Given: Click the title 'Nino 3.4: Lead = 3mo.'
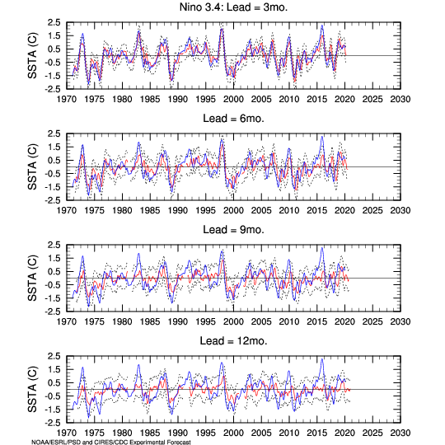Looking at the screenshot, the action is click(x=233, y=7).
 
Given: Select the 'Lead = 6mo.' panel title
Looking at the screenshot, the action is click(x=233, y=119).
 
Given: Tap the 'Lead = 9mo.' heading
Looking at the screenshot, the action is click(x=233, y=230).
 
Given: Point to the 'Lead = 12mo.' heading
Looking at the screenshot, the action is click(x=233, y=341).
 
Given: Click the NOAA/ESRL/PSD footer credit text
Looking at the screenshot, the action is click(x=111, y=442).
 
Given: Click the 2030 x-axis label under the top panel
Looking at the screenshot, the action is click(x=400, y=100).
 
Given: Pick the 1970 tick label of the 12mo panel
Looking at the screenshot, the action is click(x=67, y=433).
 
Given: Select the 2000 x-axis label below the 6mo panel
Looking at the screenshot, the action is click(x=233, y=211).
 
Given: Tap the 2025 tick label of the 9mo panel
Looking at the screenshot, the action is click(x=372, y=322).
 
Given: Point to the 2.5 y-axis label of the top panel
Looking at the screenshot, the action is click(x=54, y=22).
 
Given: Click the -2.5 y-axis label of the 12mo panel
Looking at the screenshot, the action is click(x=53, y=423).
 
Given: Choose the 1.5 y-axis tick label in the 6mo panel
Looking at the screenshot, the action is click(x=54, y=147).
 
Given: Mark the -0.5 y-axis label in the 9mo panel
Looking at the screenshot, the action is click(x=53, y=285).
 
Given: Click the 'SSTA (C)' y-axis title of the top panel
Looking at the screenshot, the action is click(x=32, y=56).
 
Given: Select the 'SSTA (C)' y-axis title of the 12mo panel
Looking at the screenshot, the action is click(x=32, y=389).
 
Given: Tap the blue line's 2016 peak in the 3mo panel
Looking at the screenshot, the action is click(x=322, y=26).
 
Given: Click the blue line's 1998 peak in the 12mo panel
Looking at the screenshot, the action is click(x=222, y=363).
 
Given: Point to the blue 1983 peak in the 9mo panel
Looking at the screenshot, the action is click(x=138, y=254).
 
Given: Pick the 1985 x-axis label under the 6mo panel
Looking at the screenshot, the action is click(x=150, y=211).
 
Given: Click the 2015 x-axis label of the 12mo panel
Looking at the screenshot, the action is click(x=316, y=433).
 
